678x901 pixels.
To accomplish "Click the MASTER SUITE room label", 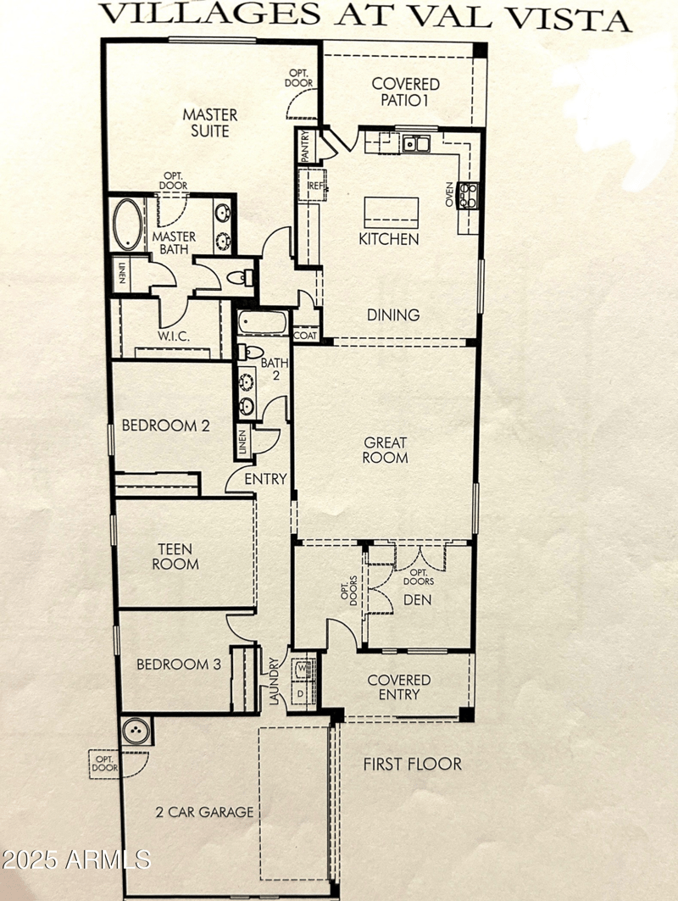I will [x=211, y=122].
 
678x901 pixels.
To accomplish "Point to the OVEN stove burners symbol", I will [x=467, y=196].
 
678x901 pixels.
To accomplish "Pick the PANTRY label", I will [x=305, y=146].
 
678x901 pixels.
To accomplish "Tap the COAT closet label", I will [x=305, y=336].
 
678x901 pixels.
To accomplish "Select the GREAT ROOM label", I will [x=386, y=449].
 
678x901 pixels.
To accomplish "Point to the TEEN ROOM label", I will [x=175, y=555].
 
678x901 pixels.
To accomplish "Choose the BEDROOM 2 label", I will [x=165, y=425].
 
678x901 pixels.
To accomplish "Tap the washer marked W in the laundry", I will [x=303, y=669].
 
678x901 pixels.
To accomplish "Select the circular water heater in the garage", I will [x=136, y=731].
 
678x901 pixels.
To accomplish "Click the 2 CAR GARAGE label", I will [x=204, y=812].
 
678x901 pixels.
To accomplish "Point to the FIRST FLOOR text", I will [x=413, y=764].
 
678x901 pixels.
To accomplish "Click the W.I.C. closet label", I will [x=174, y=336].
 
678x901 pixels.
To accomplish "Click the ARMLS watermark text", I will [x=76, y=860].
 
